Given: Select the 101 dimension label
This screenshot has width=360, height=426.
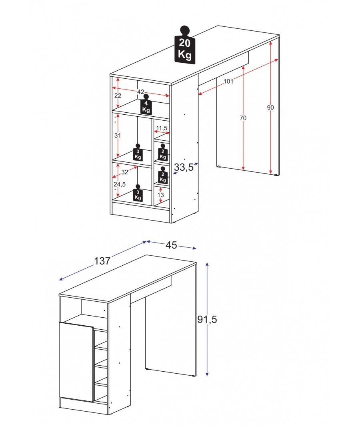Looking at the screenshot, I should [228, 82].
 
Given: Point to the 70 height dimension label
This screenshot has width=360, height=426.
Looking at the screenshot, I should [243, 118].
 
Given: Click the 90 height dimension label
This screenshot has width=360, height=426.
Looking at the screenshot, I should [271, 107].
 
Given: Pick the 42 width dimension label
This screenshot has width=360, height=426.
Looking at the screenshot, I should [141, 92].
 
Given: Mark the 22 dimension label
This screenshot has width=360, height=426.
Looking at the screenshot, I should [118, 96].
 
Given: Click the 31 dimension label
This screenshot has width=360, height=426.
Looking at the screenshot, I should [118, 135].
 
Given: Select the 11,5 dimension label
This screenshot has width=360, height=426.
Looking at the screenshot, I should [162, 128].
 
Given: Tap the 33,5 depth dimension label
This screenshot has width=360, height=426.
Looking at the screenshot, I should [184, 167].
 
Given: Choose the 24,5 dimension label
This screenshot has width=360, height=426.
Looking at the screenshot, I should [120, 184].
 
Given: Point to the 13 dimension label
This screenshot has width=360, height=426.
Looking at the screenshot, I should [161, 195].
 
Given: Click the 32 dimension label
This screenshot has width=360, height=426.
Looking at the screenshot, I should [125, 172].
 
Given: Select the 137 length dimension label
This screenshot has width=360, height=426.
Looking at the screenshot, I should [102, 261].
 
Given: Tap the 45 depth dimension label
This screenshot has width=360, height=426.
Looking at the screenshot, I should [172, 245].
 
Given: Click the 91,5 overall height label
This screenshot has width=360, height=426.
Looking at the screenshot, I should [207, 319].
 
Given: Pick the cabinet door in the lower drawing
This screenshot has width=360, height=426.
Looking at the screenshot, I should [76, 362].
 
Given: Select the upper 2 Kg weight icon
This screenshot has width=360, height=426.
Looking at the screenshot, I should [163, 152].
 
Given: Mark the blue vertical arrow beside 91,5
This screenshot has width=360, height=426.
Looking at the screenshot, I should [207, 348].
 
